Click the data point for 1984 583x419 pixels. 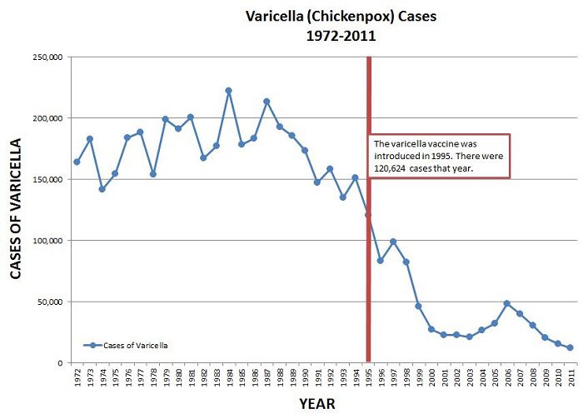coord(228,90)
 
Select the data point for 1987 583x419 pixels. coord(267,102)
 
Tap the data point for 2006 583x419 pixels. coord(507,303)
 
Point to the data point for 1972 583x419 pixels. coord(77,162)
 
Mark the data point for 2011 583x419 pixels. coord(571,347)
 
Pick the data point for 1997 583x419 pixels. coord(393,242)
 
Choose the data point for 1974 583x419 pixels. coord(102,189)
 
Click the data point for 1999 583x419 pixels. coord(418,306)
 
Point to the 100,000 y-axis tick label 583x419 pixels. coord(48,241)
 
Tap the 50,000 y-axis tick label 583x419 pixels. coord(51,302)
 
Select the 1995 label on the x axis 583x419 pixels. coord(368,378)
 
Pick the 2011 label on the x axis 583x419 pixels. coord(571,378)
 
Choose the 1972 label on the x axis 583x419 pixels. coord(77,378)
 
